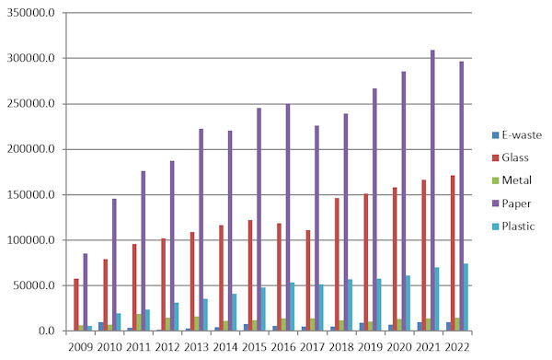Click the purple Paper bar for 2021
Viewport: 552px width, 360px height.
(x=432, y=191)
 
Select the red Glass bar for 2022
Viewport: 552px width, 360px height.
(x=453, y=253)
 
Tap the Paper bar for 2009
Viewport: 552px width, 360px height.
(x=86, y=292)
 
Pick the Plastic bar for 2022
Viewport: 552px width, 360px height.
(x=466, y=297)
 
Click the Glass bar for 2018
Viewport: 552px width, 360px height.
(x=337, y=264)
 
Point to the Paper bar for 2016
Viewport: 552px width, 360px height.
(x=288, y=217)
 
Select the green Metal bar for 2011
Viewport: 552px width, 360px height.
(x=139, y=322)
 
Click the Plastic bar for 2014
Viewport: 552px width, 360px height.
(x=234, y=312)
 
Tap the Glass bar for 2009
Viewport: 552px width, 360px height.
(x=76, y=305)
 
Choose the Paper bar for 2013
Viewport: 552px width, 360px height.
(x=201, y=229)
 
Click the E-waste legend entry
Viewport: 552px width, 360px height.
(x=517, y=135)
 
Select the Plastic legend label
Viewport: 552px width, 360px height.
(x=518, y=226)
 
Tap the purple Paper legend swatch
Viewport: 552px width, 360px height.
(x=496, y=203)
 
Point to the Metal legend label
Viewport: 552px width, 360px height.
(x=516, y=180)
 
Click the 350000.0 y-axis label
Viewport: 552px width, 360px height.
(x=31, y=13)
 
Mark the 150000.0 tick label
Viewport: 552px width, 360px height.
(x=31, y=195)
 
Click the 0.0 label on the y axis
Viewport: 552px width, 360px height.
(x=47, y=331)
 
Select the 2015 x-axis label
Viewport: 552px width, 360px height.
(x=255, y=347)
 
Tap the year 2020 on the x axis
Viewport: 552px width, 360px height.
(x=399, y=347)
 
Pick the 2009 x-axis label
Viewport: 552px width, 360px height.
(x=81, y=347)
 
